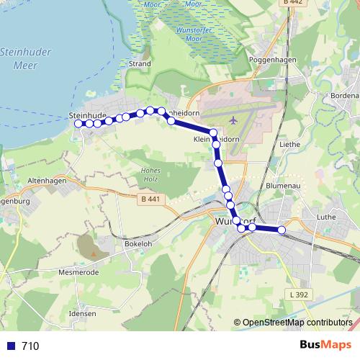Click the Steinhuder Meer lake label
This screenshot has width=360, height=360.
point(24,58)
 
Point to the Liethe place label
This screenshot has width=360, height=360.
point(289,144)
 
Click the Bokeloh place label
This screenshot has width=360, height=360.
point(119,243)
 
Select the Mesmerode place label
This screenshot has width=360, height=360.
point(77,274)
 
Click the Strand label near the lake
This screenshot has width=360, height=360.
point(139,63)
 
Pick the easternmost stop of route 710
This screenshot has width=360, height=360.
point(282,230)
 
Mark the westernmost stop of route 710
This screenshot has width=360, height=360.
point(78,124)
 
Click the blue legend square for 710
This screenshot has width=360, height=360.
point(10,346)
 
